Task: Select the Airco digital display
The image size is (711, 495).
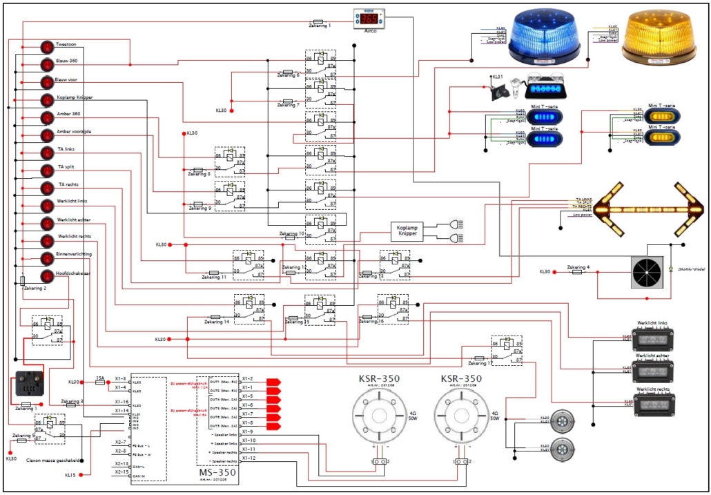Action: [369, 19]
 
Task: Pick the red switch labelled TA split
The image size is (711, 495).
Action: [47, 171]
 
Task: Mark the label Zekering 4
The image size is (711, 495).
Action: [578, 266]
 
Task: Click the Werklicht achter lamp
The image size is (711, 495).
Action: [653, 370]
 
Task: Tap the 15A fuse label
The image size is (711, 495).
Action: [100, 378]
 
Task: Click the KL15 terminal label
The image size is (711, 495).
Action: [72, 475]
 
